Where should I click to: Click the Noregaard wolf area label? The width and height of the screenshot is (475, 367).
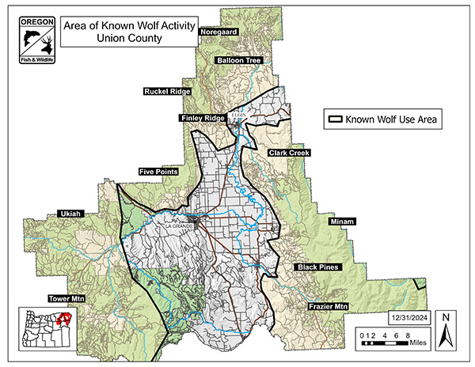219,32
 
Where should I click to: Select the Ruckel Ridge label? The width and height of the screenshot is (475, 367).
167,92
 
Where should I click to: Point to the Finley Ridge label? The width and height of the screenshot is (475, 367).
203,118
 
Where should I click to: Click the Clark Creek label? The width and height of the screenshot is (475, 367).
289,152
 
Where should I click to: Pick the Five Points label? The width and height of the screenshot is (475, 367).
158,171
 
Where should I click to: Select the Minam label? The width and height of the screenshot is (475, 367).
343,222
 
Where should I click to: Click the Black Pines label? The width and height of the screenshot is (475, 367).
317,267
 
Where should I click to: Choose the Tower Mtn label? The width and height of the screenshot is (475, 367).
66,299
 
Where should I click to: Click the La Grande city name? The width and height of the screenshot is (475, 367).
178,225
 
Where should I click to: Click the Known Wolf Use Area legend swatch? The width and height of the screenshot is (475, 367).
336,120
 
